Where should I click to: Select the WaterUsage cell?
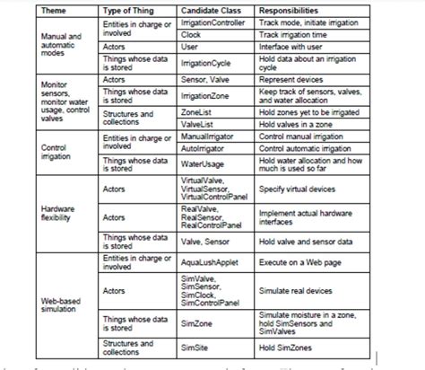click(202, 164)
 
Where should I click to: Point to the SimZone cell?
click(195, 322)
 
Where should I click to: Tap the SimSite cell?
click(195, 348)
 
